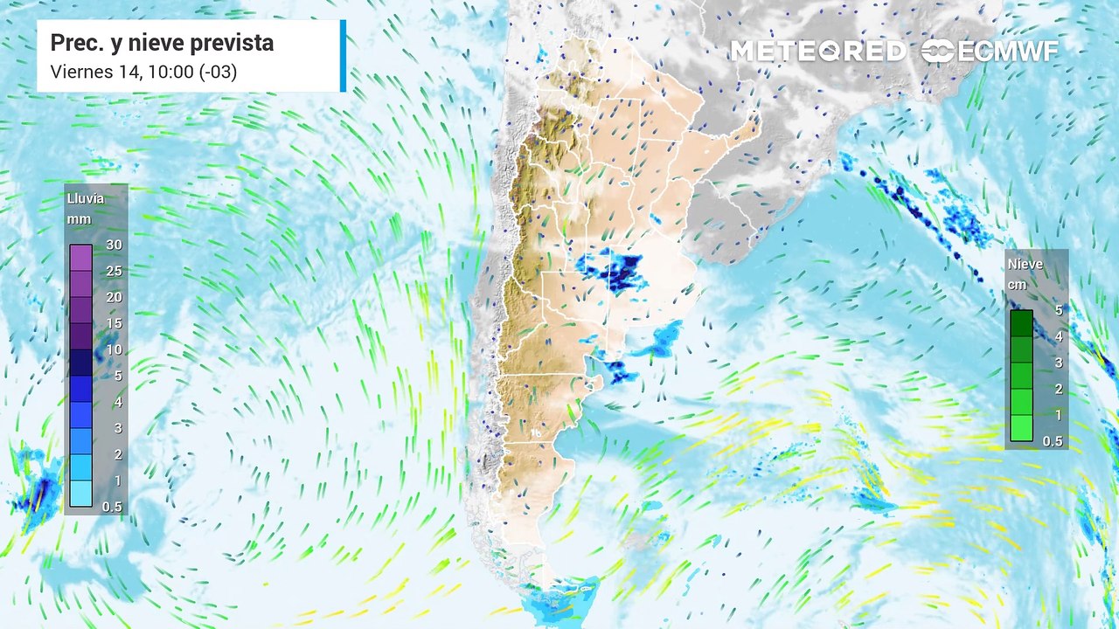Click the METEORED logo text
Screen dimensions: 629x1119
[x=817, y=52]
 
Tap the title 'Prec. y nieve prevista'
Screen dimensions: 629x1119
[x=162, y=43]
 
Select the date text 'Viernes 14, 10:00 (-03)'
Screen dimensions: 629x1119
[x=143, y=72]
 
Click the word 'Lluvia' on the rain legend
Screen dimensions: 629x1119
[x=85, y=198]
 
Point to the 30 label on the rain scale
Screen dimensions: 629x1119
[x=114, y=245]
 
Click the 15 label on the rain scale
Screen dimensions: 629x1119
[x=114, y=323]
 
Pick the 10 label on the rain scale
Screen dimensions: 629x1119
[x=114, y=349]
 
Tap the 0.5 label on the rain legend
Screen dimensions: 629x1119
[x=112, y=507]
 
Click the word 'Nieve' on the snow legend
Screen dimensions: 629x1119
[x=1025, y=264]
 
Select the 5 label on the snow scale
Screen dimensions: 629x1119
[x=1058, y=309]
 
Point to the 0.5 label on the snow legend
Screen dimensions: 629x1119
[x=1053, y=441]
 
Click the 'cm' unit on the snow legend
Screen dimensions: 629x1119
[x=1018, y=285]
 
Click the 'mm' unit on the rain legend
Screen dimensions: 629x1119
[x=77, y=219]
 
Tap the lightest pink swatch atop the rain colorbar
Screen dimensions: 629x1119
[x=81, y=258]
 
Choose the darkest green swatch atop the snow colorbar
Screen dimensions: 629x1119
[x=1021, y=323]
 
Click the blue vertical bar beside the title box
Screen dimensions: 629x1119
[x=343, y=56]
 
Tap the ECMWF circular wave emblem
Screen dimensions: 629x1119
[x=938, y=52]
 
